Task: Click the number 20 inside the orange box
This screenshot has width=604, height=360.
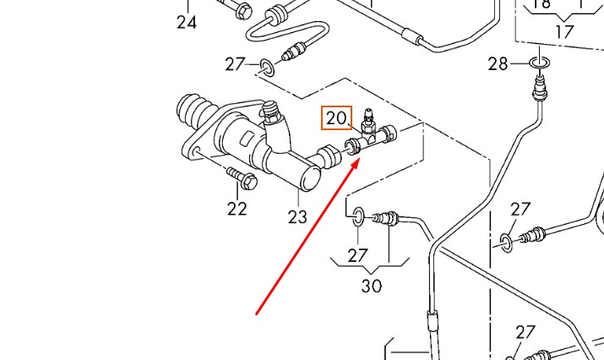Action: click(x=336, y=118)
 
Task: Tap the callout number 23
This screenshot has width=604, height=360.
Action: click(x=297, y=216)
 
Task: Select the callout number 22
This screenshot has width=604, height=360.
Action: click(x=237, y=208)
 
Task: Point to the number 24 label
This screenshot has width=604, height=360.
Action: click(x=187, y=23)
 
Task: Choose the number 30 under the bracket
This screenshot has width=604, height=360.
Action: click(x=372, y=286)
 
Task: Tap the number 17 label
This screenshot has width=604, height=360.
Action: click(x=563, y=32)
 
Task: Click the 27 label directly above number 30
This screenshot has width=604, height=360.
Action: click(x=358, y=254)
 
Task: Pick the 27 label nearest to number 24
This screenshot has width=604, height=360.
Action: click(x=236, y=63)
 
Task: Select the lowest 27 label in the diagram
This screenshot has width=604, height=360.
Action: click(x=526, y=332)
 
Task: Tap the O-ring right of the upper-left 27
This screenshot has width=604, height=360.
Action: click(x=266, y=66)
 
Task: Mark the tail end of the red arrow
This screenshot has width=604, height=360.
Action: click(x=257, y=314)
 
